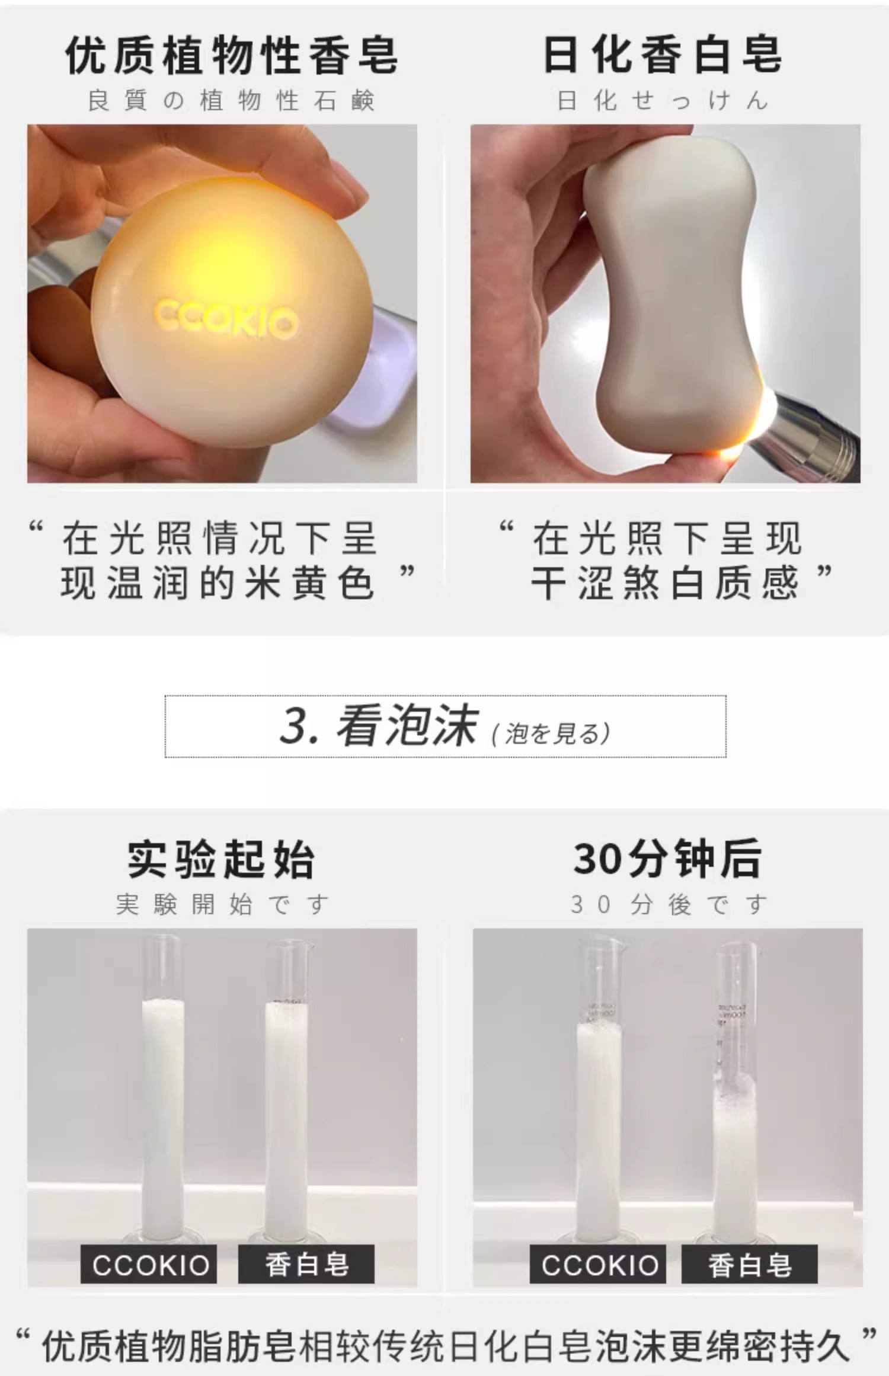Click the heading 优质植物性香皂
[232, 56]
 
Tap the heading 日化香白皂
[663, 55]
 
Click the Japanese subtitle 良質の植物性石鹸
[231, 101]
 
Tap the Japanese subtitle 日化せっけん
[663, 101]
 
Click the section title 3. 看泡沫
[379, 725]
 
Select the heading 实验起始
[221, 859]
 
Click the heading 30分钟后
[667, 859]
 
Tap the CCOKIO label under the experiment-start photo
[149, 1265]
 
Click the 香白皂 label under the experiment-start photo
[306, 1265]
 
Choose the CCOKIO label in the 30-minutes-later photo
[599, 1265]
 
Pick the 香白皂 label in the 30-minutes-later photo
[750, 1265]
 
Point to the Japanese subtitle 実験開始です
[222, 905]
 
